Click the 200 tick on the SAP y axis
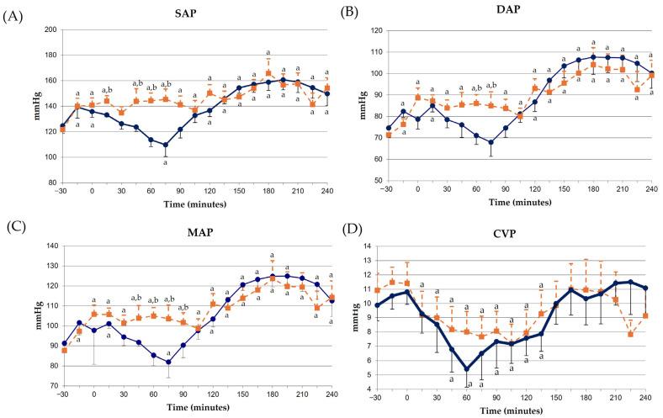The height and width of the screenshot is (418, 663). click(x=50, y=29)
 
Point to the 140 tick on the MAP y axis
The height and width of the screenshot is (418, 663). click(x=50, y=246)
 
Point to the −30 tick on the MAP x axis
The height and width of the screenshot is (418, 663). click(x=64, y=394)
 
